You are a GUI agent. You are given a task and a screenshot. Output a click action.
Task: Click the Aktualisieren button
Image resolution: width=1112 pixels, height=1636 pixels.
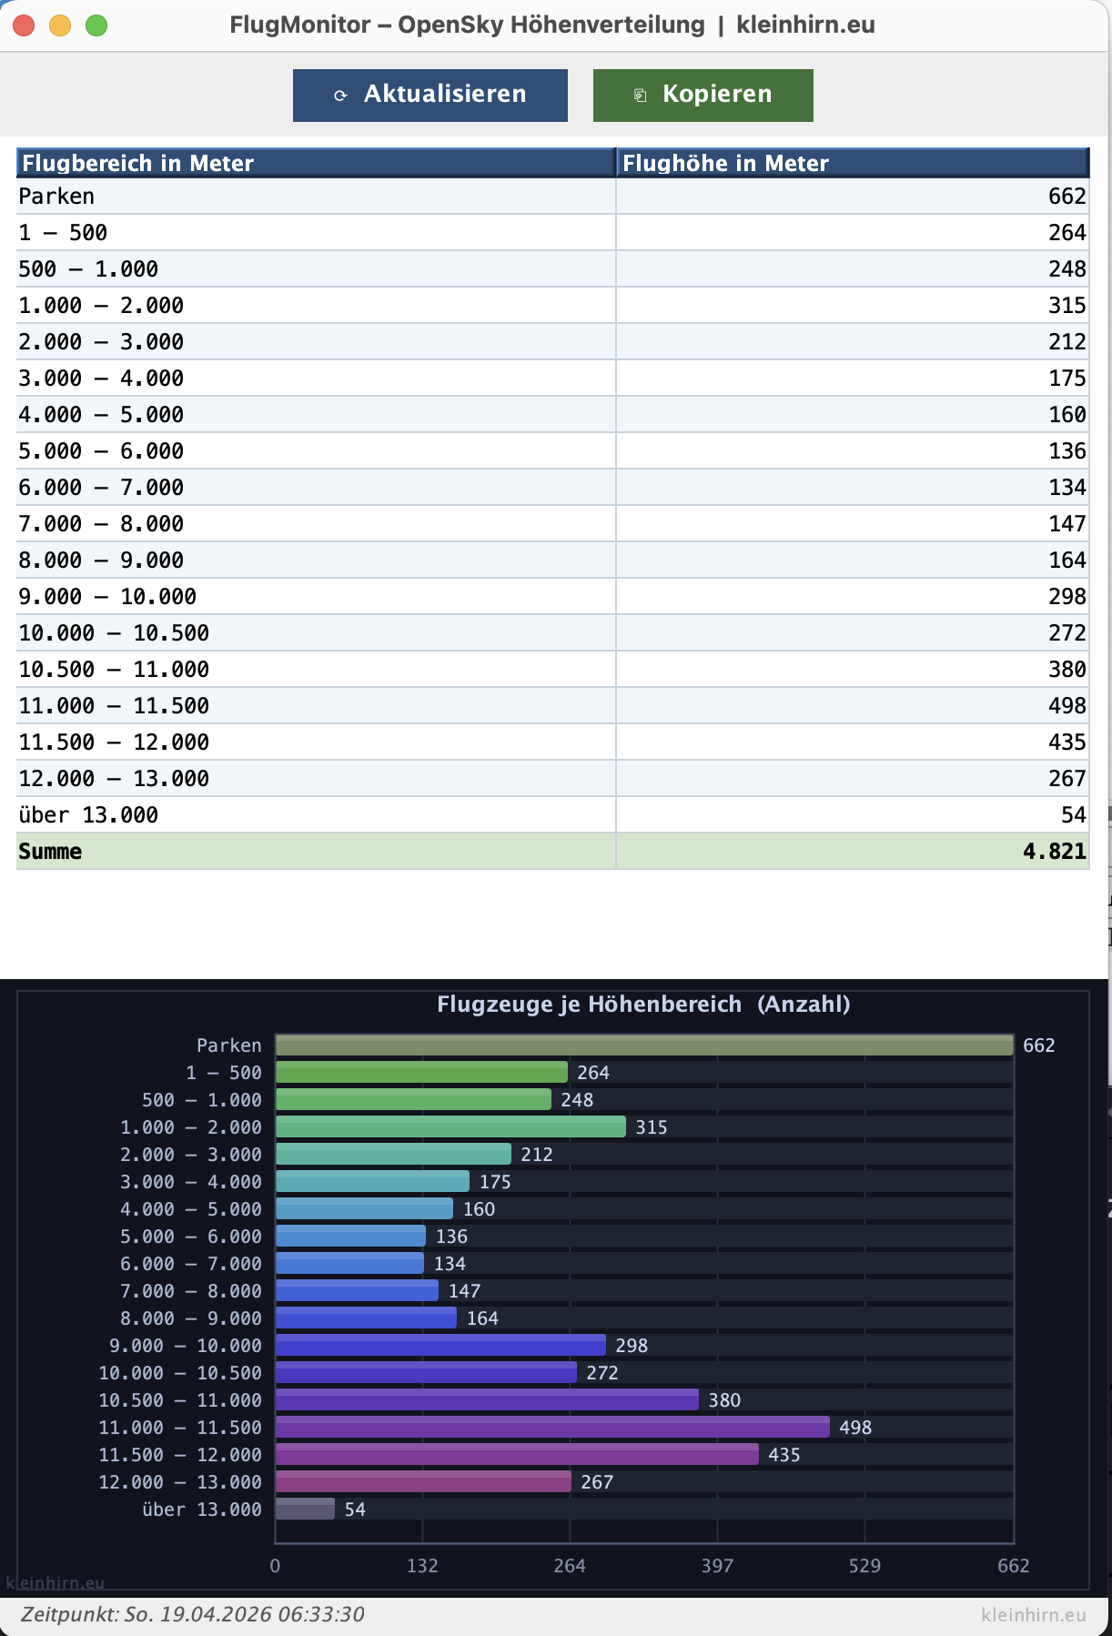pyautogui.click(x=430, y=95)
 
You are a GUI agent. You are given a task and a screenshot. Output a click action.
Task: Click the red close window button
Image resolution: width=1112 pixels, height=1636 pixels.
pyautogui.click(x=25, y=25)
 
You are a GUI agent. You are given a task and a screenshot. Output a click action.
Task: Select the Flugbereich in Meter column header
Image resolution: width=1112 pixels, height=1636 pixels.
pyautogui.click(x=316, y=163)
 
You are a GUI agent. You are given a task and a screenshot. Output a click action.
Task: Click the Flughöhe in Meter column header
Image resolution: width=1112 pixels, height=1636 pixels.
pyautogui.click(x=852, y=163)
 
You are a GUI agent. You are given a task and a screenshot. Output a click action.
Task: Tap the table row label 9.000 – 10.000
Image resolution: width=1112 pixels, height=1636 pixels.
pyautogui.click(x=107, y=597)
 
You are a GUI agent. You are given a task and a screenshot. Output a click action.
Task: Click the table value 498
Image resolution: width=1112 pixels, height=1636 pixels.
pyautogui.click(x=1067, y=706)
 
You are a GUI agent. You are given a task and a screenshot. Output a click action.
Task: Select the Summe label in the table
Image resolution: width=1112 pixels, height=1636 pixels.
pyautogui.click(x=51, y=852)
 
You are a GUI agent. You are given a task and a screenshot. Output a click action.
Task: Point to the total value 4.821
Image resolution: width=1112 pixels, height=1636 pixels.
pyautogui.click(x=1054, y=852)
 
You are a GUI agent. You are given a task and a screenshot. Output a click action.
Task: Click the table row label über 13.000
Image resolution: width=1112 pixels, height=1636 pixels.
pyautogui.click(x=88, y=815)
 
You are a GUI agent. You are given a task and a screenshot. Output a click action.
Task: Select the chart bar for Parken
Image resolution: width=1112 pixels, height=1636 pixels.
pyautogui.click(x=644, y=1045)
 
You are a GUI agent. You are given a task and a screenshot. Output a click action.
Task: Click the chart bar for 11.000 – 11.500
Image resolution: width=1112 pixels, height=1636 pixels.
pyautogui.click(x=552, y=1427)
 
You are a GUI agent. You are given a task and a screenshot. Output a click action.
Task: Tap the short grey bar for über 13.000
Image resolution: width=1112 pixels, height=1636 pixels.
pyautogui.click(x=305, y=1509)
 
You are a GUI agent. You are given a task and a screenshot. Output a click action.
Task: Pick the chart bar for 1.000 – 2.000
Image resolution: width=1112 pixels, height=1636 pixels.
pyautogui.click(x=450, y=1126)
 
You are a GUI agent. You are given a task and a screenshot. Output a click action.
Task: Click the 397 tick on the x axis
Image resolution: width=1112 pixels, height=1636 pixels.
pyautogui.click(x=717, y=1566)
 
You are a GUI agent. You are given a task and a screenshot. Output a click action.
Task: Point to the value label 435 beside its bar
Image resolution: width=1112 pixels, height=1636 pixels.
pyautogui.click(x=783, y=1455)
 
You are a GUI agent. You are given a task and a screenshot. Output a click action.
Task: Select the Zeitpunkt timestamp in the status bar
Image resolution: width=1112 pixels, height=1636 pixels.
pyautogui.click(x=193, y=1614)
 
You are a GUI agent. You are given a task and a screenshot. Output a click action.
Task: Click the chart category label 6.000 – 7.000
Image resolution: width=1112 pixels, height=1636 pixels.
pyautogui.click(x=191, y=1264)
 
